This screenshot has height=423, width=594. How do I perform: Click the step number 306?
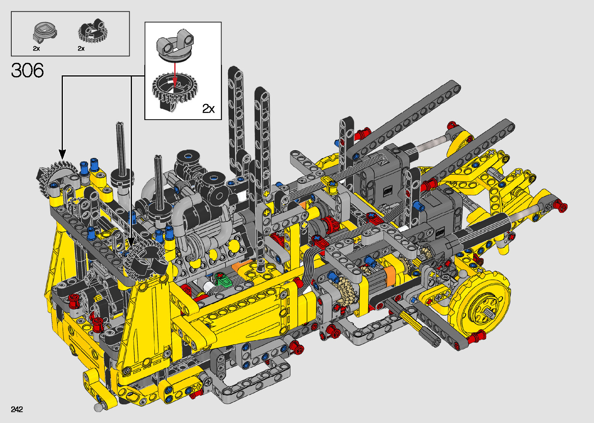27,70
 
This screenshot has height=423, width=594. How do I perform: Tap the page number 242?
17,409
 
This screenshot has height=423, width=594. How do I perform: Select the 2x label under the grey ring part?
36,48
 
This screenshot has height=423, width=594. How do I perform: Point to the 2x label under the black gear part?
81,48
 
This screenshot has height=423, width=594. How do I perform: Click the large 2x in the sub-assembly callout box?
208,109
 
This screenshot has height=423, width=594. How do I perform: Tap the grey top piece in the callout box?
175,44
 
